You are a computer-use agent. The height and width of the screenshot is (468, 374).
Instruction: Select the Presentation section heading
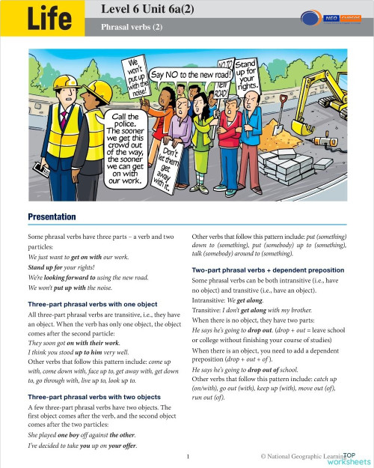[52, 216]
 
